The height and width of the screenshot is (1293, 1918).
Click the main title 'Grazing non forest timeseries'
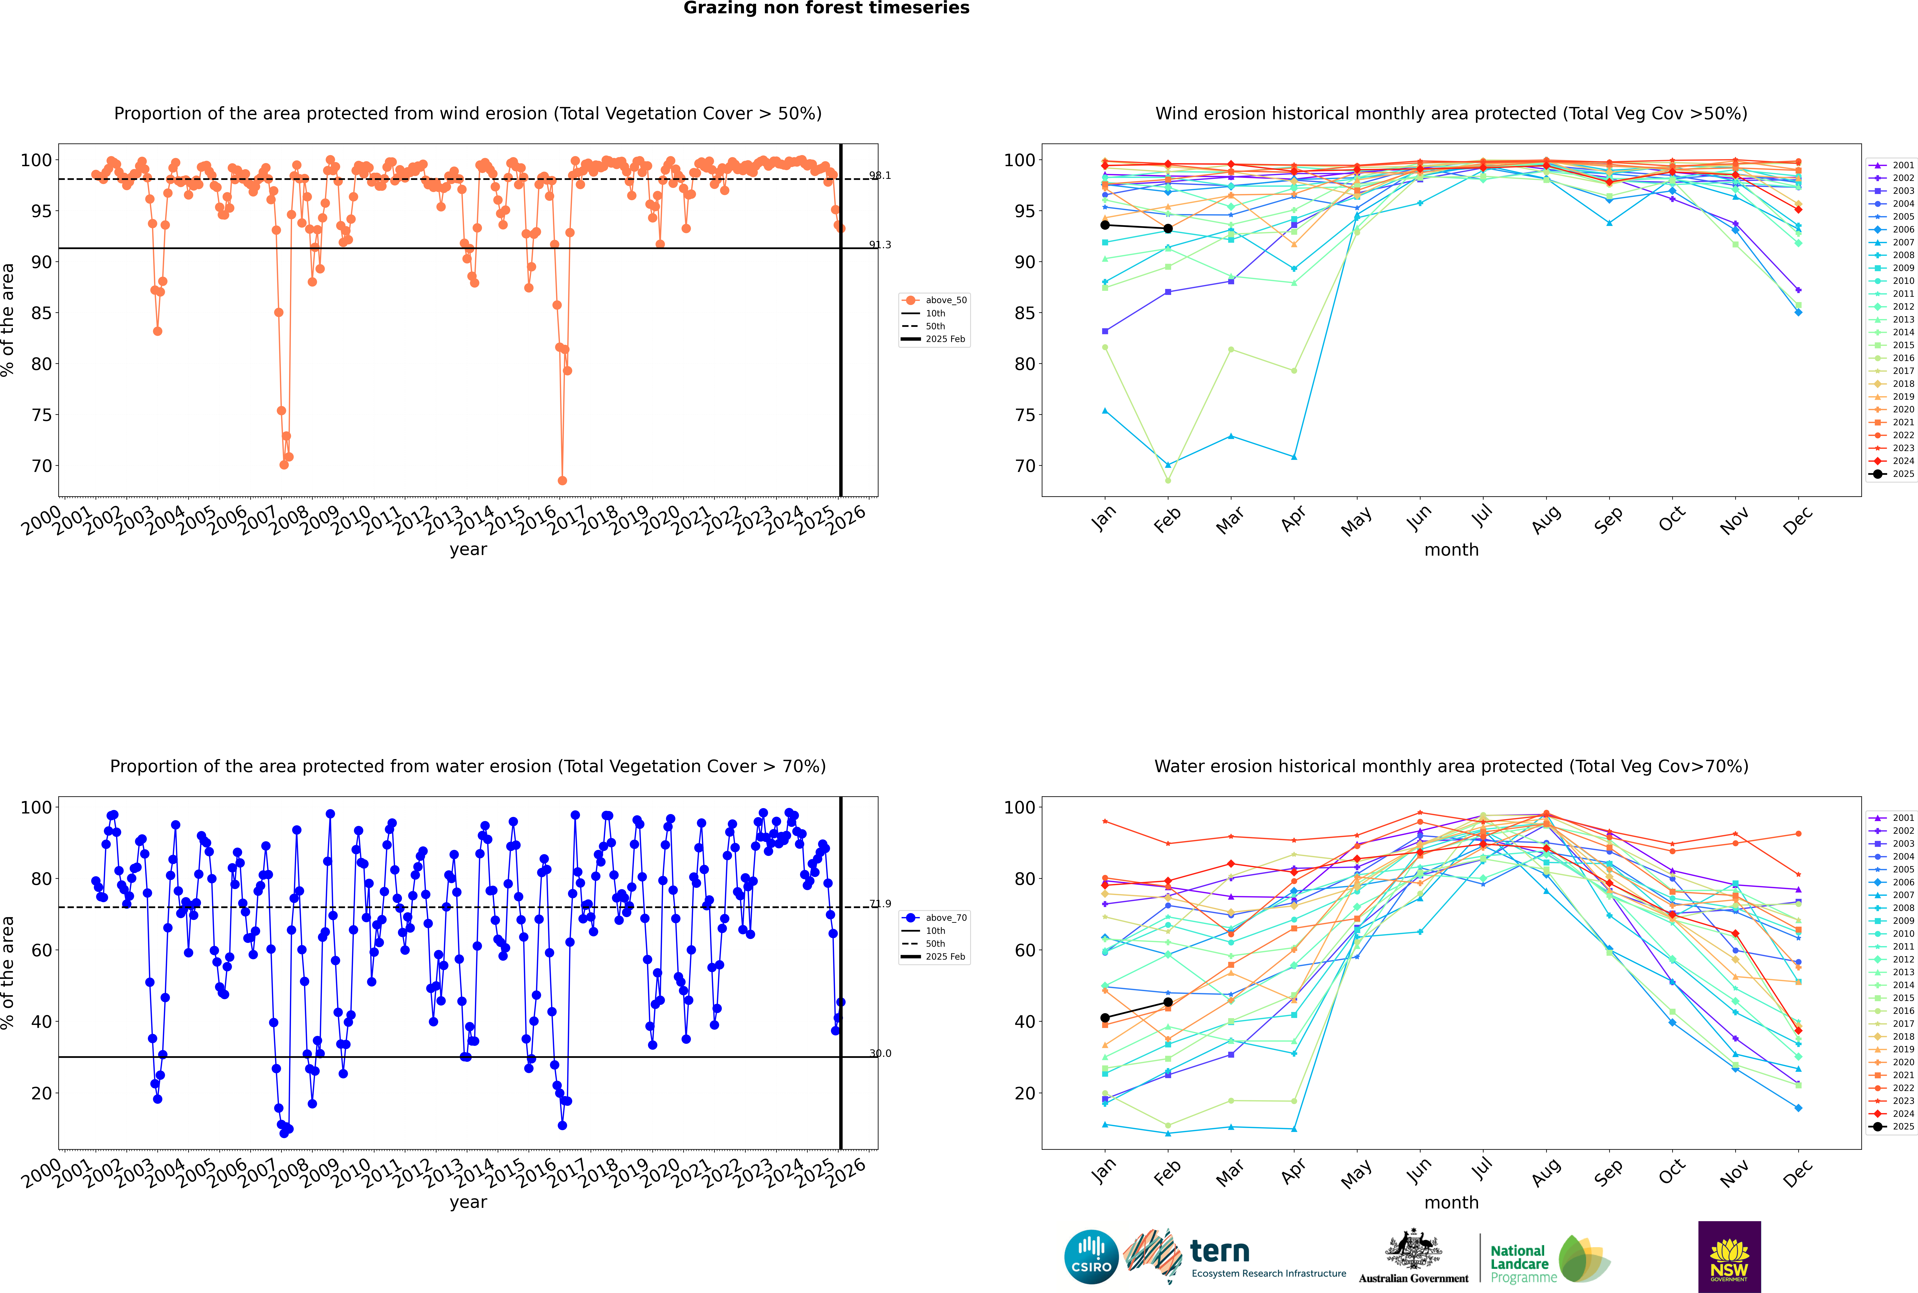(826, 8)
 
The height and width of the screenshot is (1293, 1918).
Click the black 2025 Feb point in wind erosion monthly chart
(1168, 228)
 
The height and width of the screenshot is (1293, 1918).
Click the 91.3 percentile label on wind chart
(880, 245)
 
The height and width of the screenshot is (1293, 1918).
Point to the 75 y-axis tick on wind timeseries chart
(41, 415)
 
